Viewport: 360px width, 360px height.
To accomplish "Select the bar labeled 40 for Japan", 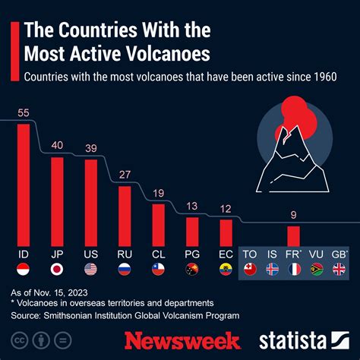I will click(56, 201).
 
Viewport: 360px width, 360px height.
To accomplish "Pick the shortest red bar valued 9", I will click(293, 235).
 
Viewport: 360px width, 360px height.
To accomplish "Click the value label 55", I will click(23, 112).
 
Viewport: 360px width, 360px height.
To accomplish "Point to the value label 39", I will click(90, 148).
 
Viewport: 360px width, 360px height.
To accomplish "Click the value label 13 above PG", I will click(192, 207).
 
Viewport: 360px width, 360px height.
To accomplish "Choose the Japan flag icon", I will click(56, 269).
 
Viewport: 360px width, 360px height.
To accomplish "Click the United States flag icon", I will click(90, 269).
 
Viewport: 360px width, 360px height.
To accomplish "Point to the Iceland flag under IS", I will click(271, 269).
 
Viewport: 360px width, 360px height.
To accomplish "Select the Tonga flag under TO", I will click(248, 269).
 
